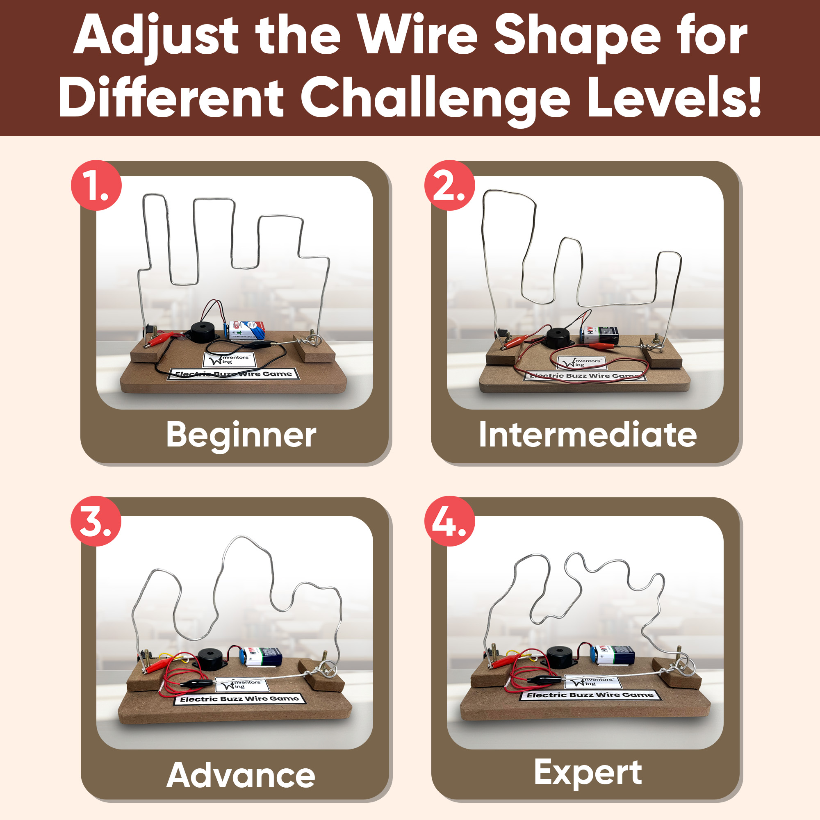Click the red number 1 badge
coord(96,185)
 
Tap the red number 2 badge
coord(449,185)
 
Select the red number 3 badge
coord(96,521)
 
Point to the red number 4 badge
coord(449,521)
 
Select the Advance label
coord(241,775)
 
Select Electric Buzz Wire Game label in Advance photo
coord(239,699)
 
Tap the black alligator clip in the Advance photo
coord(197,684)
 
